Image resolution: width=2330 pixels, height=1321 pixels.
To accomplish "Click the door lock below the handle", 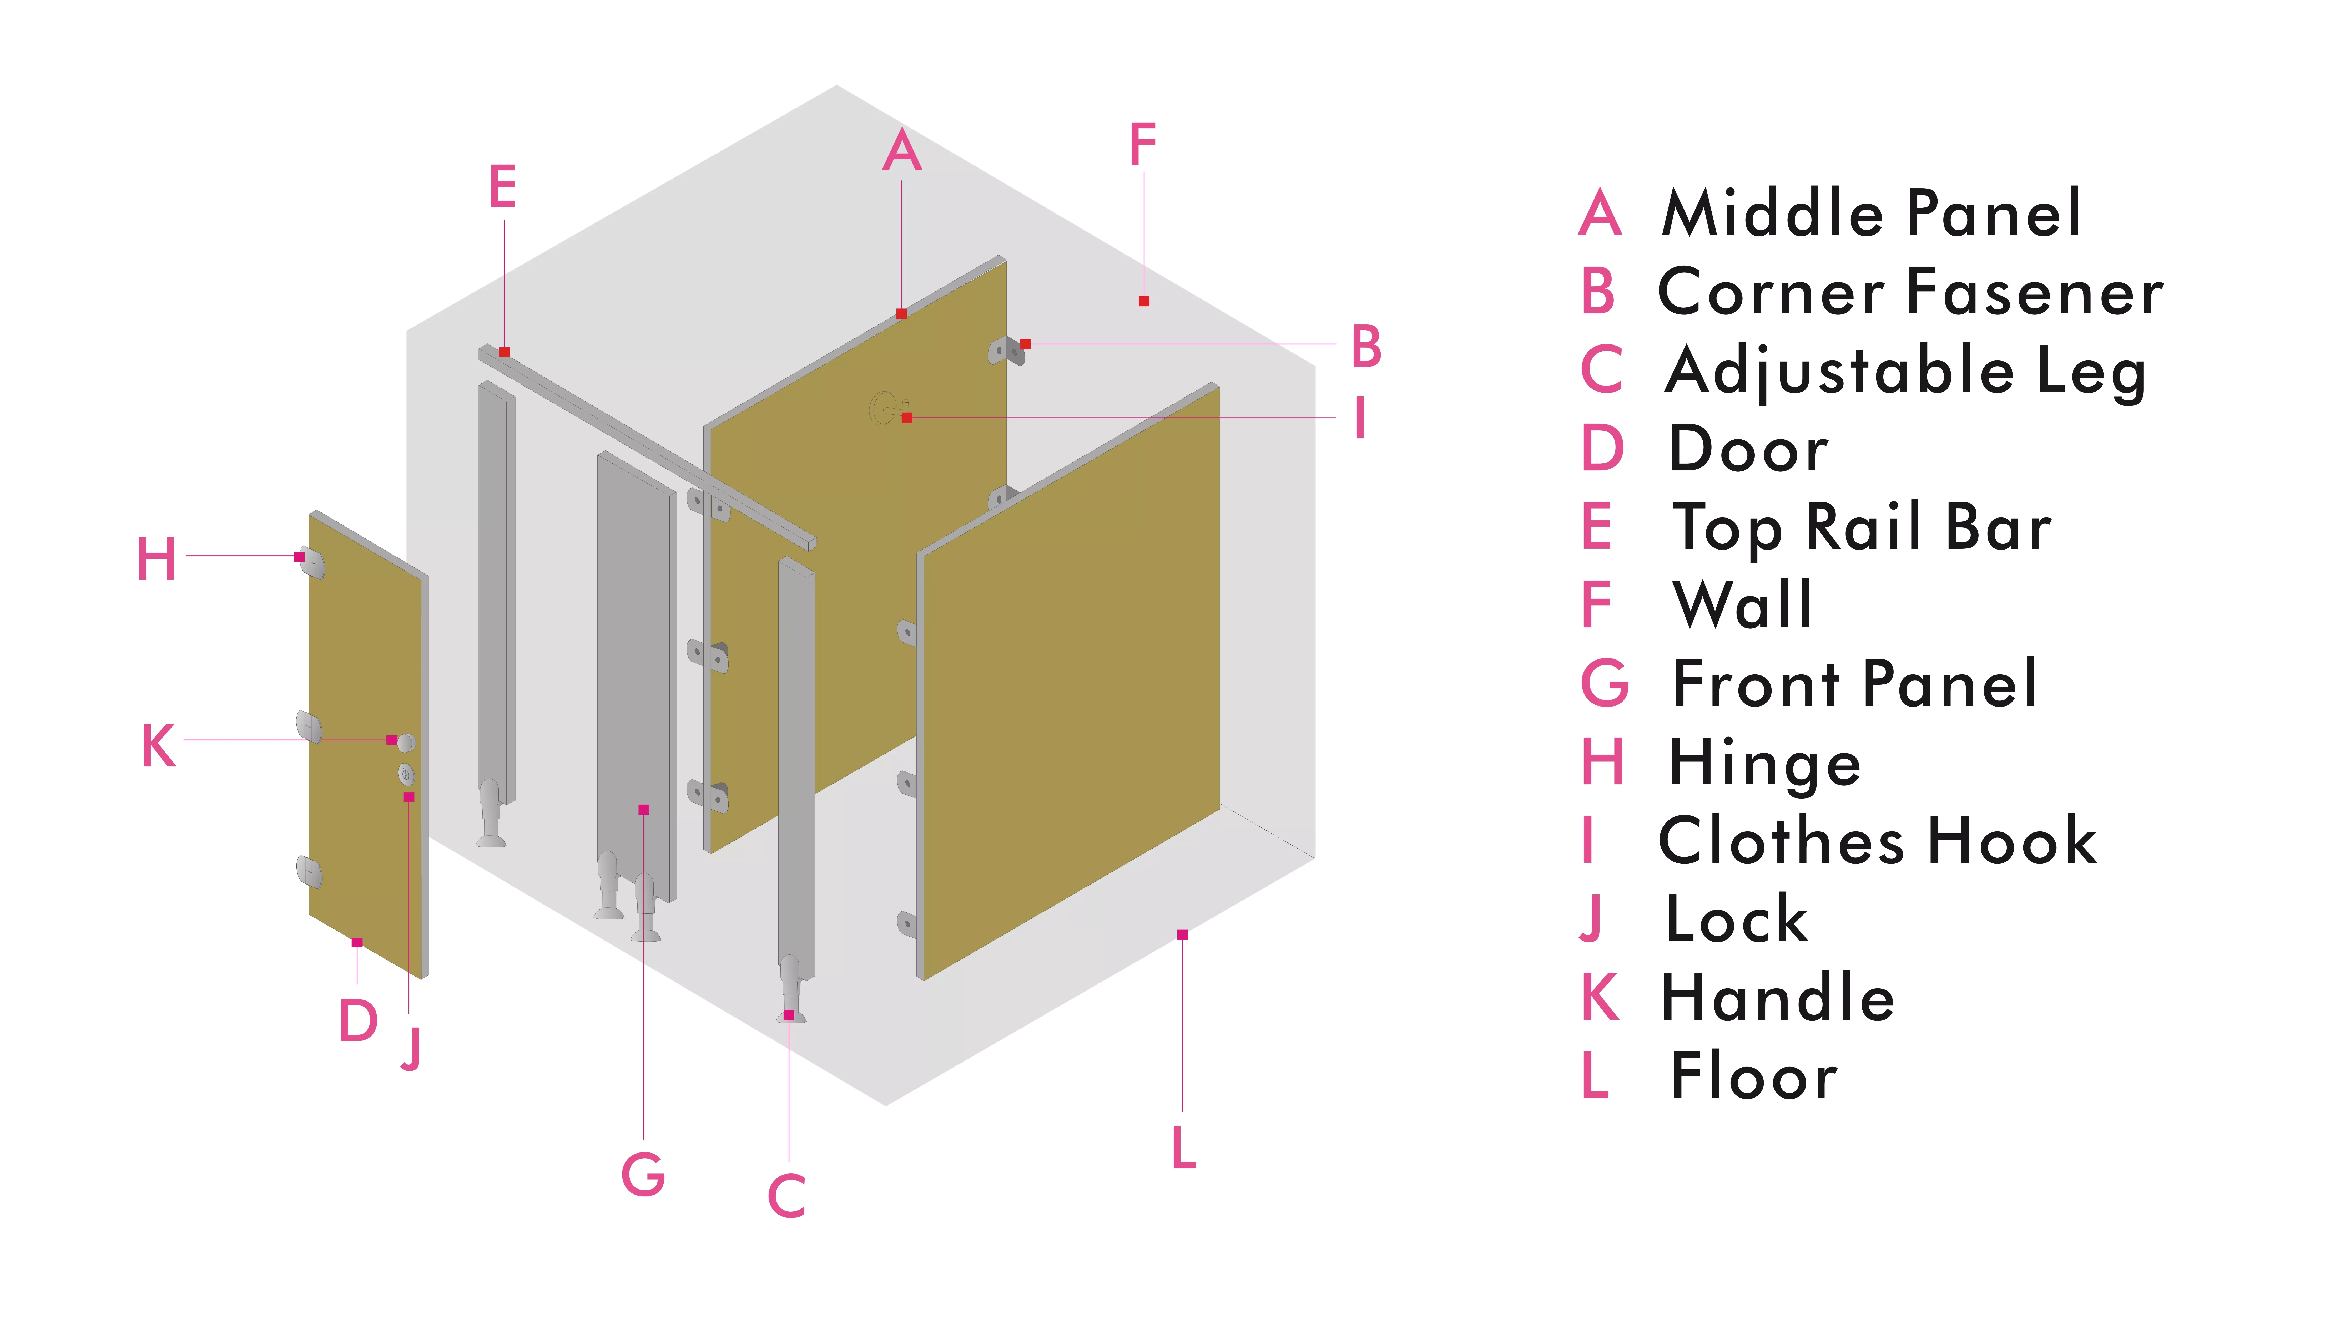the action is click(406, 774).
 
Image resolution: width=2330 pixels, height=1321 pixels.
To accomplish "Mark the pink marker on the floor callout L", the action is click(1182, 934).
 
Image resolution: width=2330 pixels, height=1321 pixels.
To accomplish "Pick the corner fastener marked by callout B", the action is click(1006, 350).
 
